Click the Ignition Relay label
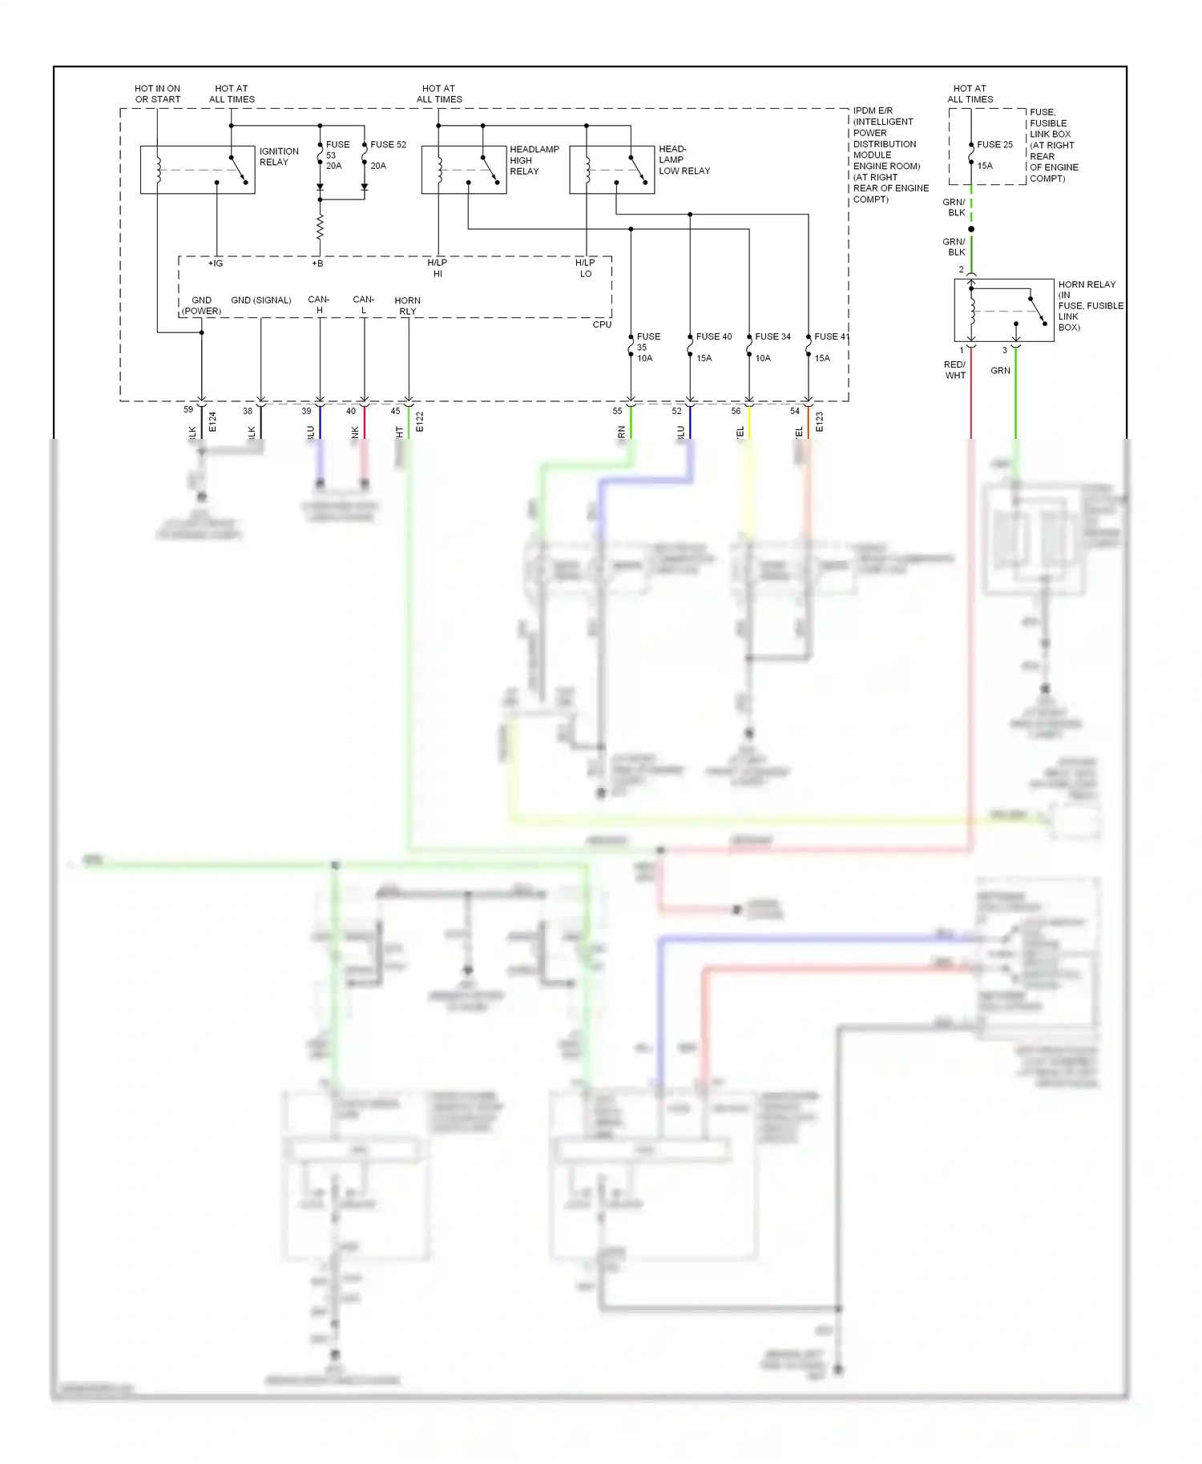point(278,157)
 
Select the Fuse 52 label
point(388,145)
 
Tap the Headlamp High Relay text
point(534,160)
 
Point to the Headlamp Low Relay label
point(684,160)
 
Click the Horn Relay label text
point(1090,305)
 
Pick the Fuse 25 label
point(994,145)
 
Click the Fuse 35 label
point(647,347)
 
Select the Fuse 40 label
point(713,337)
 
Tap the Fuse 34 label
point(772,337)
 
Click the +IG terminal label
point(216,263)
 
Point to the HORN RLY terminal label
point(407,306)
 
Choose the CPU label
point(602,324)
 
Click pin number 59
point(188,410)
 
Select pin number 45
point(395,412)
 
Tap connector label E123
point(819,422)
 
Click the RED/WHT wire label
point(954,370)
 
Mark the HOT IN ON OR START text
point(157,94)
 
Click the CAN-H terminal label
point(319,305)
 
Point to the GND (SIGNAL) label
point(260,300)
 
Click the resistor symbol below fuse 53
point(320,227)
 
